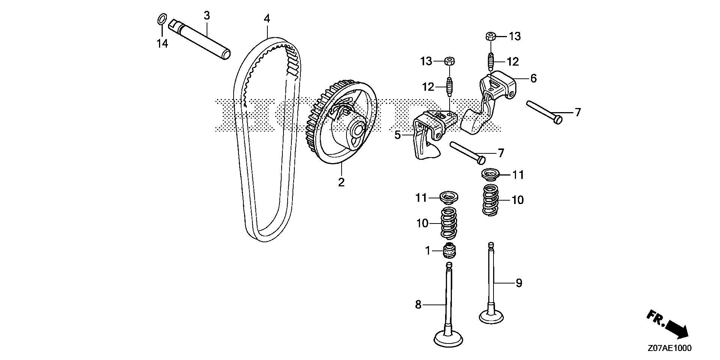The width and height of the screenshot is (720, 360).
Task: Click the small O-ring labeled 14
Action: tap(161, 19)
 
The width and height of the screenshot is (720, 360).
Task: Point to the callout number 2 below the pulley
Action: tap(341, 183)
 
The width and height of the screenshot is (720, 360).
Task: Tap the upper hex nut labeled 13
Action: tap(490, 36)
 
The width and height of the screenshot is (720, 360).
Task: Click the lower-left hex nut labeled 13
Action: tap(449, 61)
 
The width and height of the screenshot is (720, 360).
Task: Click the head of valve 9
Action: tap(490, 316)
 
